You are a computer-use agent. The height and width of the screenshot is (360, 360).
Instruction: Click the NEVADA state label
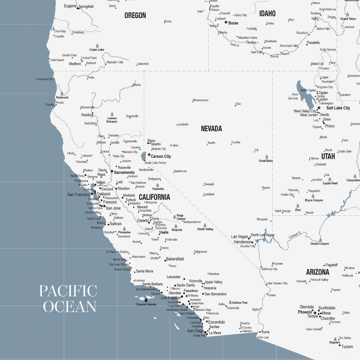click(x=211, y=129)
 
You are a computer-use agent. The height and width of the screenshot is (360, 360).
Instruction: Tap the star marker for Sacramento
click(x=112, y=171)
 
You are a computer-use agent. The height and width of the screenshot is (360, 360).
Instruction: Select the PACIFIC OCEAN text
click(x=68, y=299)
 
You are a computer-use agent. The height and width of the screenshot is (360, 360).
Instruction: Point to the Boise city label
click(x=233, y=23)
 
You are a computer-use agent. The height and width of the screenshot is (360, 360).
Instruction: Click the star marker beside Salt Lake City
click(x=318, y=108)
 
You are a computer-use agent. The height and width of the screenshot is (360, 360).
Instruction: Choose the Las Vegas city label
click(x=240, y=237)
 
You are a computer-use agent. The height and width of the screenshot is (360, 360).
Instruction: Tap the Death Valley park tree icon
click(x=204, y=225)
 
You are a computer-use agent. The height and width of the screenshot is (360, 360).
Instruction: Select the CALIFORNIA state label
click(x=154, y=197)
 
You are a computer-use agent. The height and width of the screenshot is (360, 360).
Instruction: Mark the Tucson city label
click(x=347, y=347)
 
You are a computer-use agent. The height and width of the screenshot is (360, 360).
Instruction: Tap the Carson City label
click(x=161, y=156)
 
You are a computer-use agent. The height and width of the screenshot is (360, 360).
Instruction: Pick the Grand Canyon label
click(x=320, y=243)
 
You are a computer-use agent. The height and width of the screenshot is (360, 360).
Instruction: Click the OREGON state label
click(x=135, y=15)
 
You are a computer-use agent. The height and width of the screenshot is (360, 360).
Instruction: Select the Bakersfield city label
click(x=175, y=259)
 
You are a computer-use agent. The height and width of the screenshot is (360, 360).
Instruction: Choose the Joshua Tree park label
click(x=240, y=303)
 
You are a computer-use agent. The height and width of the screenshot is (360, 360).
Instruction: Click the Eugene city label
click(x=70, y=6)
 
